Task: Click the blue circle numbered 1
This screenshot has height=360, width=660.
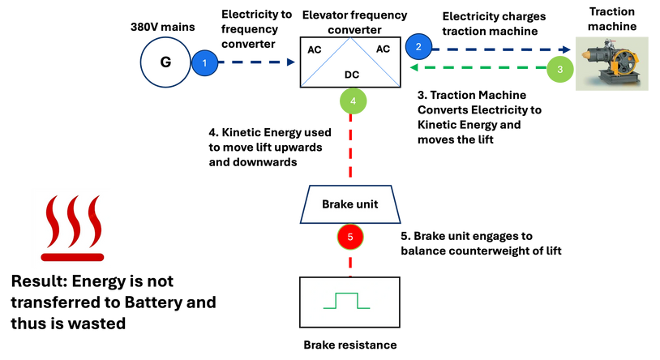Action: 205,62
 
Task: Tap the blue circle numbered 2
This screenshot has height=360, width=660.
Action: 418,46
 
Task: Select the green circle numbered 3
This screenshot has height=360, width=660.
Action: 559,70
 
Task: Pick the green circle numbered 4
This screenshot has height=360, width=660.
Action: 352,101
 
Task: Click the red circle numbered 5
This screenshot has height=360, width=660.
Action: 350,237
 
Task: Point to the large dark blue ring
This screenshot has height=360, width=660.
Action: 165,62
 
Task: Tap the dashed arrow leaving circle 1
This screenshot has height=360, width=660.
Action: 255,62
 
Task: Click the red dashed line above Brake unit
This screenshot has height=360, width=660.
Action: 351,150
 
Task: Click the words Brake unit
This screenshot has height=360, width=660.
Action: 350,204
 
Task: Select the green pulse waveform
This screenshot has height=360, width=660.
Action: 347,302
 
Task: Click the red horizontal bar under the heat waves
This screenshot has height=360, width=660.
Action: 72,257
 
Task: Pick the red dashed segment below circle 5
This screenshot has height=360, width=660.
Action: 351,264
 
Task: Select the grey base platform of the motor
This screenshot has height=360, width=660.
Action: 616,84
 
